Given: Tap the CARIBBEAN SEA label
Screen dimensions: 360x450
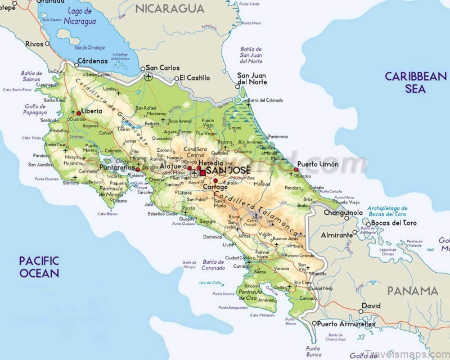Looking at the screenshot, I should coord(415,82).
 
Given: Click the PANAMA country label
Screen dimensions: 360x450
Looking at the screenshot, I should coord(412,291).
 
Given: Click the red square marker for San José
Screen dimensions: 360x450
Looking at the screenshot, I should coord(202,173).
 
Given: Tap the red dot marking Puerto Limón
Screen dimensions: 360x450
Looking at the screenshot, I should coord(296,169).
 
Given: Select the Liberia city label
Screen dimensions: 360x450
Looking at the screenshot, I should coord(92,111).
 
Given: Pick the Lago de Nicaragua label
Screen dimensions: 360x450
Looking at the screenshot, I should coord(79,16).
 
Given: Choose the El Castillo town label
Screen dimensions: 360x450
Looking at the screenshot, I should coord(195,78).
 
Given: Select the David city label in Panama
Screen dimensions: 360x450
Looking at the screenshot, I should coord(371,305).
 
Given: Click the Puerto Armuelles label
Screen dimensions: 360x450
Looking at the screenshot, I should coord(345,324).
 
